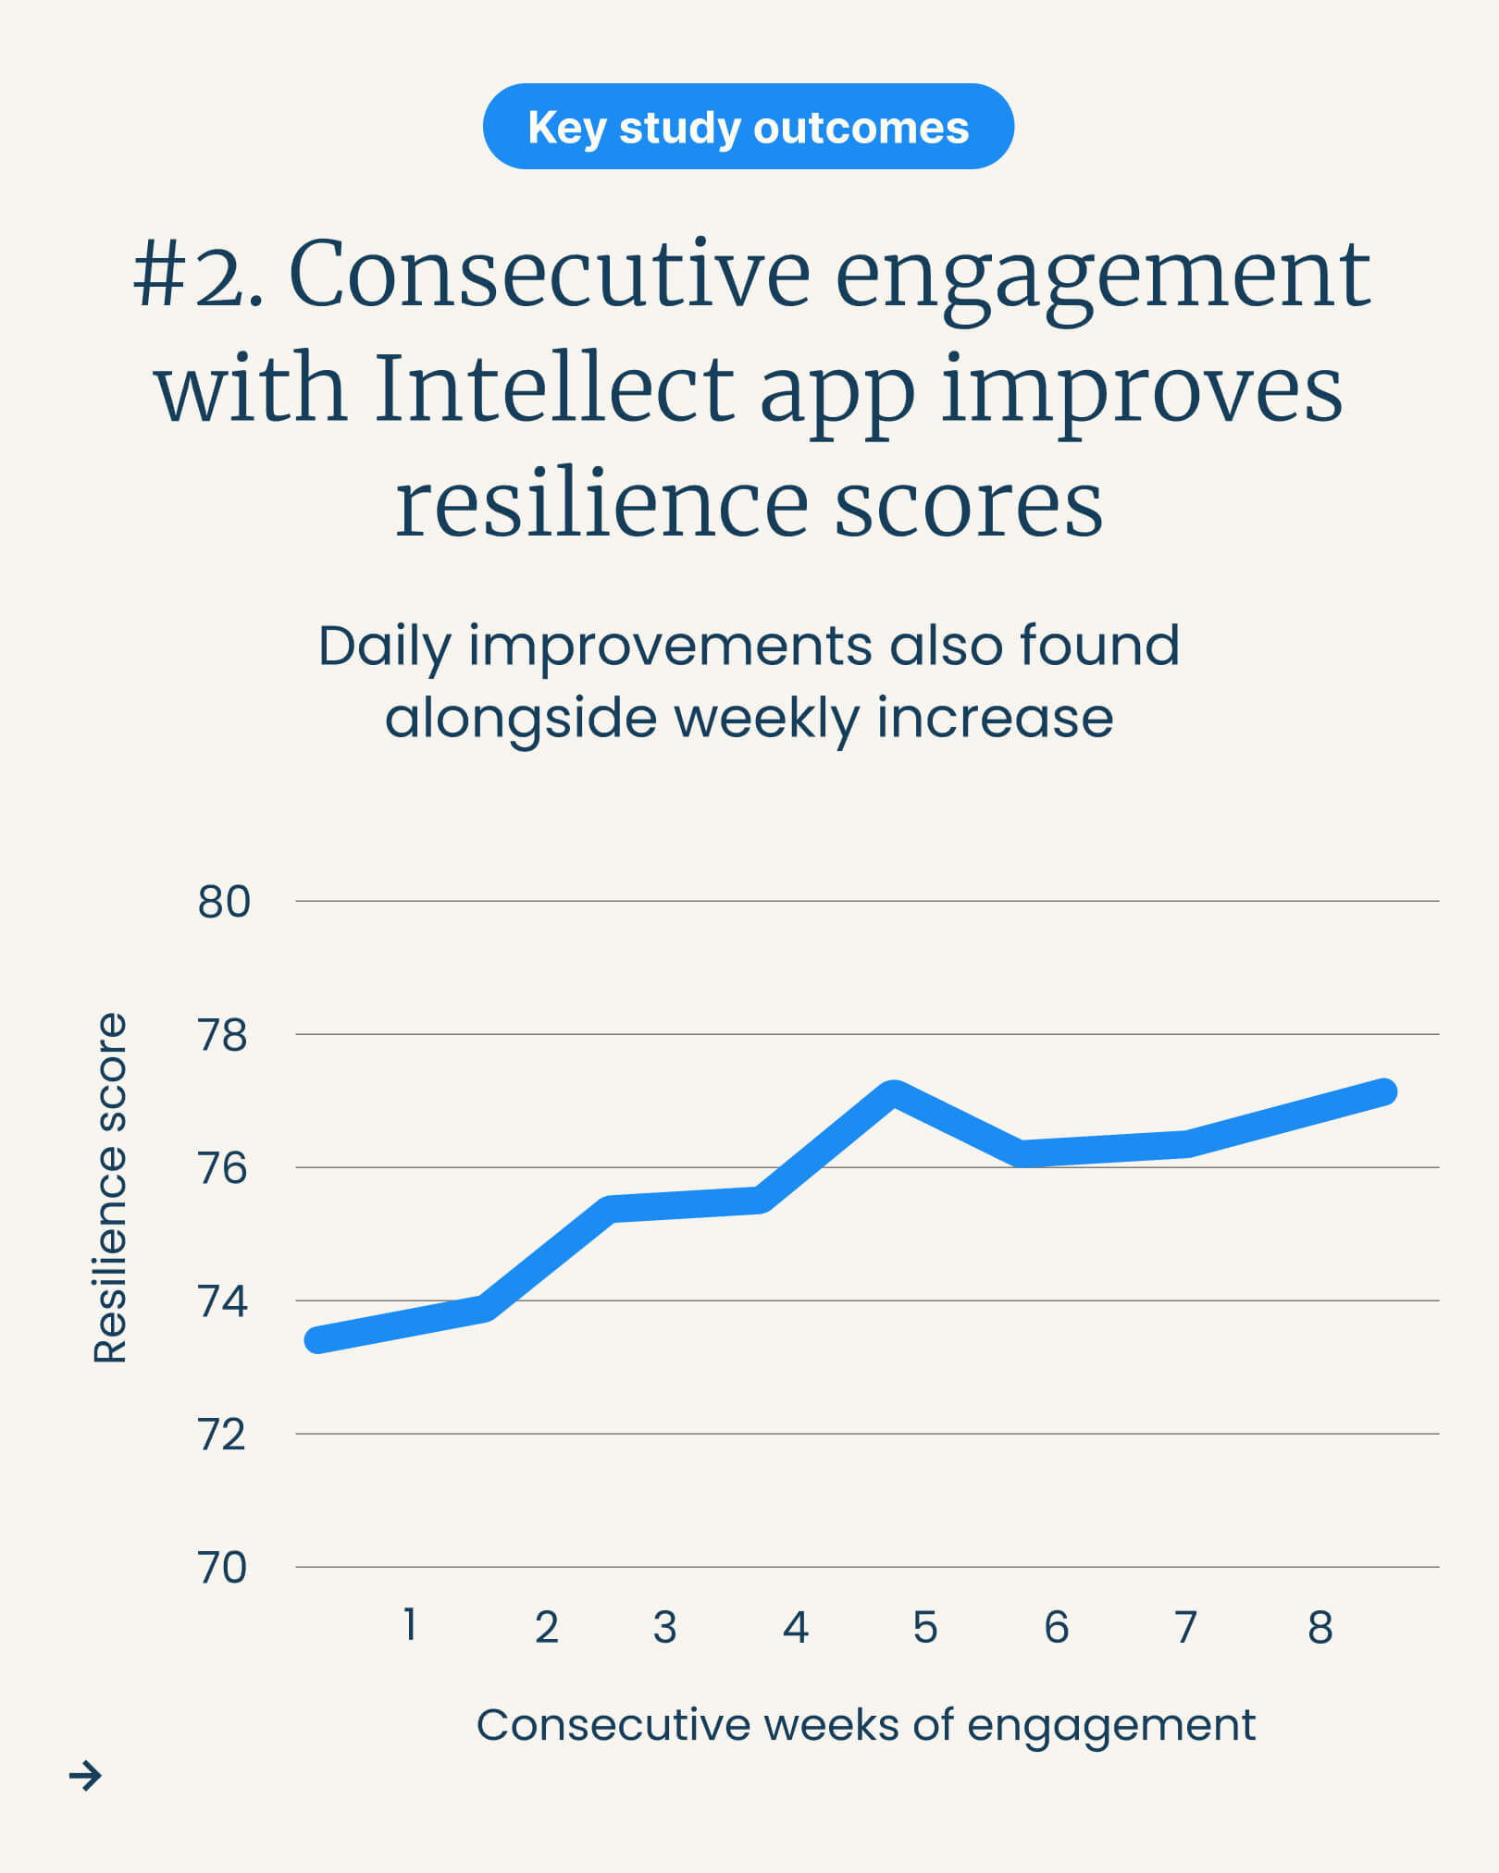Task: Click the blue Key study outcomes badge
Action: point(748,127)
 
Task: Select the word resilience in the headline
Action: point(601,503)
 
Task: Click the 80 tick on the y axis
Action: point(224,902)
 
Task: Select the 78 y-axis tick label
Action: point(223,1035)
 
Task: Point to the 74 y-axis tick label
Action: point(223,1301)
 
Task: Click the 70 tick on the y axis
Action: point(223,1568)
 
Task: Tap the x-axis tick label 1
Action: point(410,1625)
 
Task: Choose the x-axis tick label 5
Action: point(925,1627)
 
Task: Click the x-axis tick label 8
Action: point(1320,1627)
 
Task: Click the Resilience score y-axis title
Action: point(110,1188)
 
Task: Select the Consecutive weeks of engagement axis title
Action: point(866,1725)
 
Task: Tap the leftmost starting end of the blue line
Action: point(318,1339)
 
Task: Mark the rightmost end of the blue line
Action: point(1383,1091)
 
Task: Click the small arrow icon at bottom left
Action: point(85,1775)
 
